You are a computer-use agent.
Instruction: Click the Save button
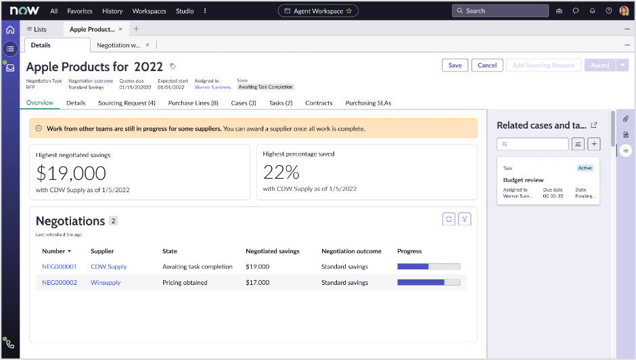point(455,65)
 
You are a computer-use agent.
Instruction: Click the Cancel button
point(487,65)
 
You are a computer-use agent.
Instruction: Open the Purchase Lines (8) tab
point(193,103)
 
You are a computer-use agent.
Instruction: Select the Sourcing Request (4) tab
point(127,103)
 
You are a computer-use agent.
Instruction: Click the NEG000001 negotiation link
point(60,267)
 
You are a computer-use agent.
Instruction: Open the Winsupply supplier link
point(106,282)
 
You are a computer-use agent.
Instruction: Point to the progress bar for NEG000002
point(428,282)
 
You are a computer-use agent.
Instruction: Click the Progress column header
point(409,251)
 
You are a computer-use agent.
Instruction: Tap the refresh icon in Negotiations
point(449,219)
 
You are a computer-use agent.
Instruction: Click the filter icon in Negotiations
point(464,219)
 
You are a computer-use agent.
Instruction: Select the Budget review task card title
point(523,180)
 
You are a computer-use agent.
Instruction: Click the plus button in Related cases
point(593,143)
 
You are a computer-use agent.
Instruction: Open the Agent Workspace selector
point(318,11)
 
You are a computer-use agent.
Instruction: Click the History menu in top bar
point(112,11)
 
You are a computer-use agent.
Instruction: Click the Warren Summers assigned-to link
point(212,87)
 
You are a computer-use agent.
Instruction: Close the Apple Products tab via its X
point(120,29)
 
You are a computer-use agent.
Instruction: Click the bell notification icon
point(592,11)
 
